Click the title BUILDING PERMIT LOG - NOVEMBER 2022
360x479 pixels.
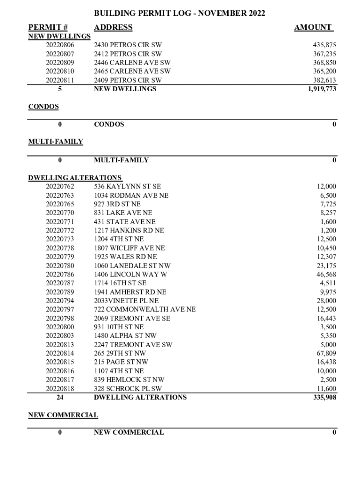click(x=180, y=14)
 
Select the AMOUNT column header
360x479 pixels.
click(x=313, y=28)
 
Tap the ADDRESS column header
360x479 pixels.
click(x=113, y=28)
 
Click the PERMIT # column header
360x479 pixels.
click(x=48, y=28)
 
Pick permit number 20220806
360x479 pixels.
click(x=60, y=45)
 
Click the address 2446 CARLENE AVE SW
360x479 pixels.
click(x=132, y=62)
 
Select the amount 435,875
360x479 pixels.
click(x=324, y=45)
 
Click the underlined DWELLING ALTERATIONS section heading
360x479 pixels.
click(x=75, y=178)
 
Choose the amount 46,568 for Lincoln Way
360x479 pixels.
click(x=326, y=275)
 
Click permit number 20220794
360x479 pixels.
click(x=60, y=301)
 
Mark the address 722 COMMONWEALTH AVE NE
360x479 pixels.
click(x=145, y=310)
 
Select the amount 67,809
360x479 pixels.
click(x=326, y=353)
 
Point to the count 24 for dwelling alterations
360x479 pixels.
click(x=60, y=398)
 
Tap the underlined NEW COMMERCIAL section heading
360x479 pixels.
click(x=63, y=415)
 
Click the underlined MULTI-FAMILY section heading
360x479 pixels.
click(x=56, y=142)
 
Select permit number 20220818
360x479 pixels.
click(x=60, y=389)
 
